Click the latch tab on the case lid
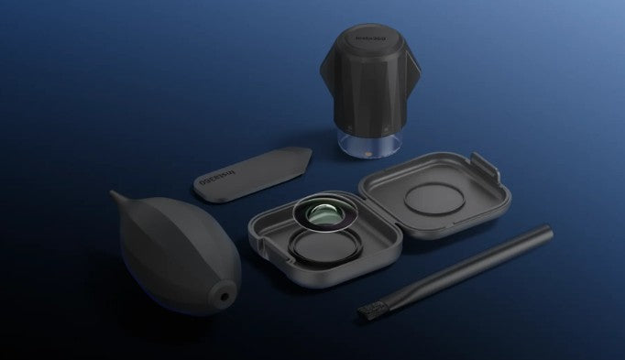(488, 169)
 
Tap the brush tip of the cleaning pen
(367, 312)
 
